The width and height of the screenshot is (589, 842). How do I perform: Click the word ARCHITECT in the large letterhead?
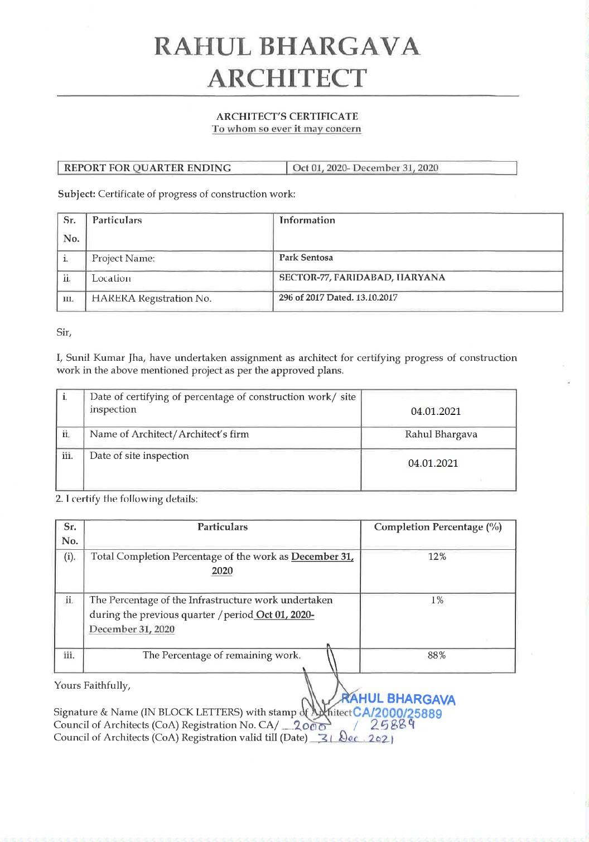click(x=287, y=78)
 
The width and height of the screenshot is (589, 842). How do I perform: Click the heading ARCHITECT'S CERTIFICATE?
click(x=287, y=117)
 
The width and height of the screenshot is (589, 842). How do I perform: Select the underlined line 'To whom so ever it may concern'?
click(x=286, y=129)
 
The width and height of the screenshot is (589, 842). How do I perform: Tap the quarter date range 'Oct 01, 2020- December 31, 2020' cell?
click(x=365, y=168)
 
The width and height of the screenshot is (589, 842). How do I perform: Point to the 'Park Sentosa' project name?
click(x=306, y=258)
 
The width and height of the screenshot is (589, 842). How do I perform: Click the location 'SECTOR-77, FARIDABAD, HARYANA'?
click(x=362, y=278)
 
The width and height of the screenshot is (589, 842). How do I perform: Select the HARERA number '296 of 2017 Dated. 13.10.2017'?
click(x=338, y=298)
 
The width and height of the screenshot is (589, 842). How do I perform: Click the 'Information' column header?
click(x=307, y=220)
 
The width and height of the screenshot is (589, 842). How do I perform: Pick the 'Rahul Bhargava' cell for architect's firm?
click(x=441, y=434)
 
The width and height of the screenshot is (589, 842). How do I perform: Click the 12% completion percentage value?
click(x=437, y=557)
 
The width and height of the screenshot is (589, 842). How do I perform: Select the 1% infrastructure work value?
click(x=437, y=600)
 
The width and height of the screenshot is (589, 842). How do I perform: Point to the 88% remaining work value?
click(x=437, y=655)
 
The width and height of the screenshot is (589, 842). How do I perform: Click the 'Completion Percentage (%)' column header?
click(x=437, y=527)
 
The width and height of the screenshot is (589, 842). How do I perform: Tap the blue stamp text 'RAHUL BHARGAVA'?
click(x=398, y=699)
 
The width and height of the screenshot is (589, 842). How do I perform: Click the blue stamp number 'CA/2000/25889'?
click(x=398, y=714)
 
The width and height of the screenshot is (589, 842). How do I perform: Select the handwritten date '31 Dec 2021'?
click(x=355, y=739)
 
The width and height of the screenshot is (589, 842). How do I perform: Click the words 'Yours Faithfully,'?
click(x=92, y=685)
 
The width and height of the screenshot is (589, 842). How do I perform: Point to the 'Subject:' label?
click(x=77, y=194)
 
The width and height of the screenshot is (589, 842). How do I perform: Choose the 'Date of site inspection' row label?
click(x=139, y=456)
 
